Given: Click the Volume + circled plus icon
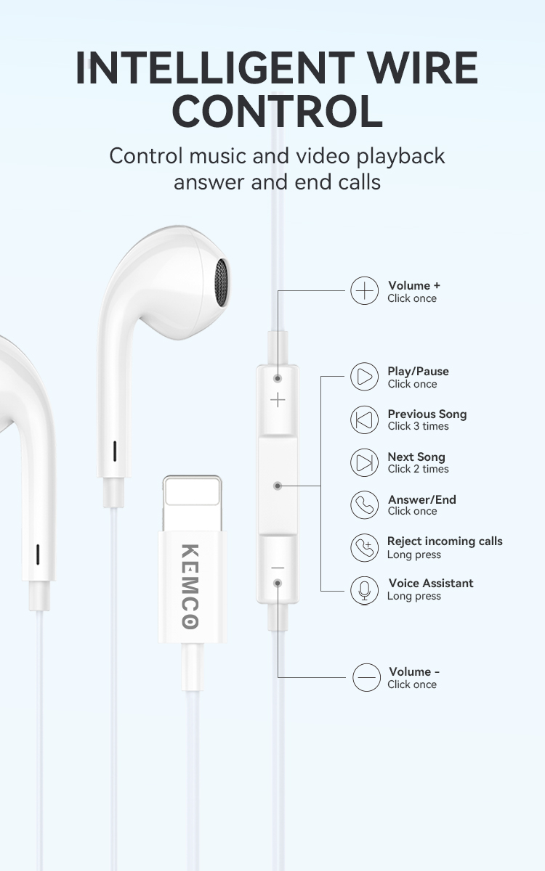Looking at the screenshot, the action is (x=364, y=290).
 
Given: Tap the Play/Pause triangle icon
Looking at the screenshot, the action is (x=364, y=377).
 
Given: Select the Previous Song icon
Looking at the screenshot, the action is (x=364, y=420).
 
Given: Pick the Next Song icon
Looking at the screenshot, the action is (x=364, y=462).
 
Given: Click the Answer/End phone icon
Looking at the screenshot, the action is (x=364, y=504).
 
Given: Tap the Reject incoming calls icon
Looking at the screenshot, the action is (x=364, y=547).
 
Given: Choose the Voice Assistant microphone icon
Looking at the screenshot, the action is (x=364, y=590).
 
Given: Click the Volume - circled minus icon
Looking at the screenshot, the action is (x=366, y=677).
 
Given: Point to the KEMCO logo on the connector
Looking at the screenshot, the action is (x=190, y=586).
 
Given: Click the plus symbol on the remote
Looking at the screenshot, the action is (x=278, y=400).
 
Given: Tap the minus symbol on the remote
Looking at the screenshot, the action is (x=278, y=568).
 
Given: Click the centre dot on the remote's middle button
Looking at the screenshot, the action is (x=278, y=486).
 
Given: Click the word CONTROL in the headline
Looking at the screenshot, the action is (x=278, y=111).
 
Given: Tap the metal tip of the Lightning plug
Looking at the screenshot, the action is (x=193, y=504).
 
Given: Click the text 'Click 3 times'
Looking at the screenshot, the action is (x=418, y=426).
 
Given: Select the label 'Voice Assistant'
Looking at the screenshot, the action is (x=431, y=584).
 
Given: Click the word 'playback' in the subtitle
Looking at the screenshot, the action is (x=400, y=157).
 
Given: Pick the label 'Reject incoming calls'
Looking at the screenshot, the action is (x=445, y=541).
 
